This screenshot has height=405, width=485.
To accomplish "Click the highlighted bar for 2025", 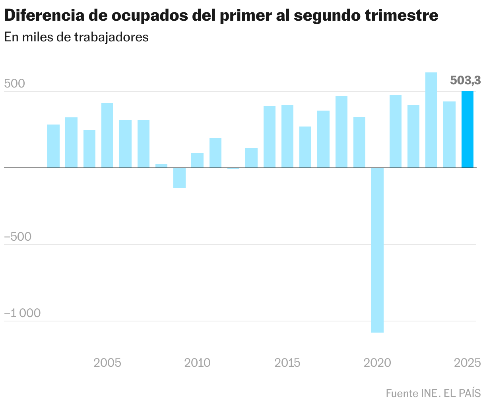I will pyautogui.click(x=467, y=130).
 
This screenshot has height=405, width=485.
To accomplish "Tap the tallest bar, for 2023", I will pyautogui.click(x=431, y=120).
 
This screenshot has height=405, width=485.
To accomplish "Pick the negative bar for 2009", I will pyautogui.click(x=179, y=178).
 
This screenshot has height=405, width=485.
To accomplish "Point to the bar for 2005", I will pyautogui.click(x=107, y=135).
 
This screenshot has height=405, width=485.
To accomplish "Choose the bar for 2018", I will pyautogui.click(x=341, y=132).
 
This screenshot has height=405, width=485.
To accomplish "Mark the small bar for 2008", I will pyautogui.click(x=161, y=166).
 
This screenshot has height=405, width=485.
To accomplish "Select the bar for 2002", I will pyautogui.click(x=53, y=146).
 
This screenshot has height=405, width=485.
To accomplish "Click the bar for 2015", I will pyautogui.click(x=287, y=136).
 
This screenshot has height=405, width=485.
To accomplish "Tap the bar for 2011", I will pyautogui.click(x=215, y=153).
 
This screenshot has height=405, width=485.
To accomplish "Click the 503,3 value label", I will pyautogui.click(x=465, y=81).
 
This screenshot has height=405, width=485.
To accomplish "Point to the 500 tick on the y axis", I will pyautogui.click(x=15, y=84).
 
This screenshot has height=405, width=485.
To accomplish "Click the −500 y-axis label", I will pyautogui.click(x=18, y=237).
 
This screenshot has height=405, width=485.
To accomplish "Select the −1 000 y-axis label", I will pyautogui.click(x=23, y=313).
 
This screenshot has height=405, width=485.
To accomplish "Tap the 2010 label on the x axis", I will pyautogui.click(x=198, y=363).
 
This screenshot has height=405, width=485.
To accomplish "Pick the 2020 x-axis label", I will pyautogui.click(x=378, y=363).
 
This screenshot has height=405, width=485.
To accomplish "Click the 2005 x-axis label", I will pyautogui.click(x=107, y=363).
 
